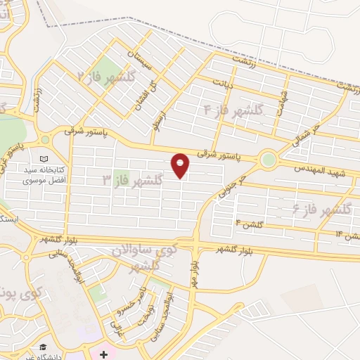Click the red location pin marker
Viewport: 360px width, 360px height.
click(181, 165)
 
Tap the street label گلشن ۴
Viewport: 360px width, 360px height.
click(249, 223)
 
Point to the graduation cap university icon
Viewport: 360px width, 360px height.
click(44, 347)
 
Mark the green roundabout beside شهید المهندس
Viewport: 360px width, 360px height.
click(268, 160)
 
